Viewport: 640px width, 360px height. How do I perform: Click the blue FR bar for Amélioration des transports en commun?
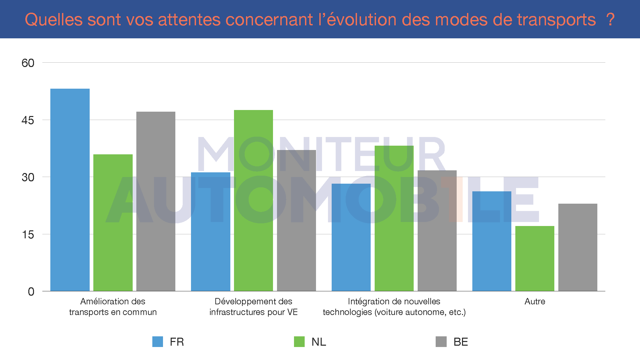(x=70, y=190)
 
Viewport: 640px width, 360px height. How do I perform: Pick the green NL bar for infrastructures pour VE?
(x=253, y=200)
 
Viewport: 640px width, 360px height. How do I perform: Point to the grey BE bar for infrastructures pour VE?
(x=296, y=220)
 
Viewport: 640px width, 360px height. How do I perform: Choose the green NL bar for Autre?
(x=535, y=258)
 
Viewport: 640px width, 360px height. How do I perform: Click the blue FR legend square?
(x=158, y=342)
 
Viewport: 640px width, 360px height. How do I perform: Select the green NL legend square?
(x=299, y=342)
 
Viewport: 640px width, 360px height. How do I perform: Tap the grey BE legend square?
(x=441, y=342)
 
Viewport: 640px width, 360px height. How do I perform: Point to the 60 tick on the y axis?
(x=28, y=63)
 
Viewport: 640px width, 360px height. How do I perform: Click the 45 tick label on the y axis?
(x=28, y=120)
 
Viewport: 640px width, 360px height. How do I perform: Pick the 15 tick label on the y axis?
(x=28, y=235)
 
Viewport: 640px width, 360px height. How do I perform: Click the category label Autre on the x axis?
(x=535, y=301)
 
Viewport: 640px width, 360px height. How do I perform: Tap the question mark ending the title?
(x=610, y=20)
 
